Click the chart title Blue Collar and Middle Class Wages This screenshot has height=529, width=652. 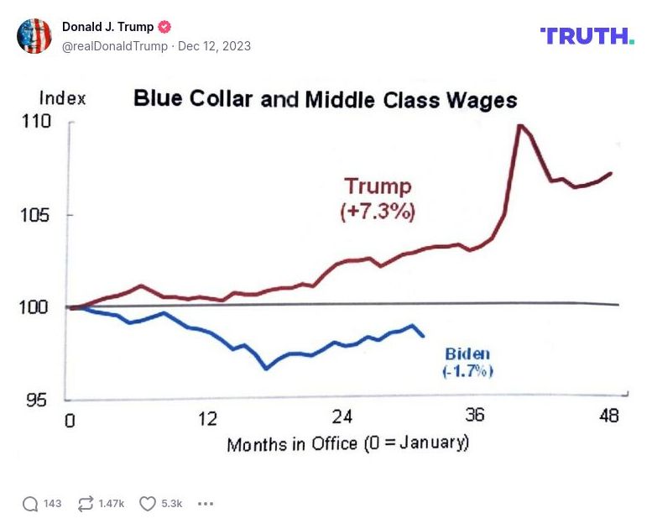(x=326, y=100)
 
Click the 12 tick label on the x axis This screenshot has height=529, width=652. (x=207, y=418)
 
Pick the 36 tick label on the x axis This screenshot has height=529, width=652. (x=475, y=415)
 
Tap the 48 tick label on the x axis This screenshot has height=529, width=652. (x=609, y=415)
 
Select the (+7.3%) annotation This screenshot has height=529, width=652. (x=378, y=212)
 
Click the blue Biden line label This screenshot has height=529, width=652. (x=467, y=354)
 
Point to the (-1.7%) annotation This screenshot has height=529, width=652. (x=467, y=371)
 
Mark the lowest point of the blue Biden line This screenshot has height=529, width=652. (x=266, y=369)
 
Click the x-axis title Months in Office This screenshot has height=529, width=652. (x=347, y=443)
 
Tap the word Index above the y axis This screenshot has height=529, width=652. (x=62, y=98)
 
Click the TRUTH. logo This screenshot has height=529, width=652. (x=587, y=35)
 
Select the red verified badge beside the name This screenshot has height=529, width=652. (x=165, y=27)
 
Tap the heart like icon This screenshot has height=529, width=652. (x=148, y=504)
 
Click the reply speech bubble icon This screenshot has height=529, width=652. (x=30, y=504)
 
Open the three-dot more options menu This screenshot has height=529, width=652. (x=206, y=504)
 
